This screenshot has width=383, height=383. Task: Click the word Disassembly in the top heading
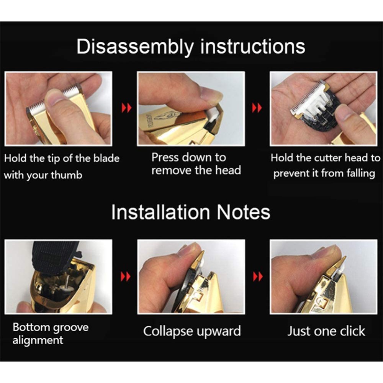click(135, 47)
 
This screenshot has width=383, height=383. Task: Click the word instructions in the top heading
click(253, 46)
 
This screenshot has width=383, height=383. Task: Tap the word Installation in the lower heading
click(161, 212)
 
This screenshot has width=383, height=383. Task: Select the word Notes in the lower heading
click(244, 212)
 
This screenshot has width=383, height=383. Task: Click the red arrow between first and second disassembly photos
click(126, 108)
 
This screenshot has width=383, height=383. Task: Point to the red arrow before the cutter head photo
click(257, 108)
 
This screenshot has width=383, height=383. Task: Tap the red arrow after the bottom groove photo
click(126, 277)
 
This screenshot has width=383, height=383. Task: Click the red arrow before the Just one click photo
click(258, 277)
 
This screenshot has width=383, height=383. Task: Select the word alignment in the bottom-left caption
click(38, 340)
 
